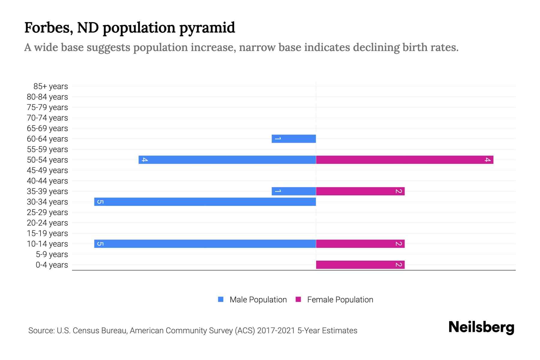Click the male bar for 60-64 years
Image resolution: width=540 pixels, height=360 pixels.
tap(294, 139)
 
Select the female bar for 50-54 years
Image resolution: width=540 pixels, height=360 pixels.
tap(404, 160)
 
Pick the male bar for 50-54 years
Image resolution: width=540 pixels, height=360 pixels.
tap(227, 160)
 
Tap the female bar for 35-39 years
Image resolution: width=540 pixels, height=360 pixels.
tap(360, 191)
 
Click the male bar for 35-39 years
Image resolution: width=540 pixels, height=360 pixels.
tap(294, 191)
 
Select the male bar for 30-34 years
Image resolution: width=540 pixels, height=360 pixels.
tap(205, 202)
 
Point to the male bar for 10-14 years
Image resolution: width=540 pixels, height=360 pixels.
tap(205, 244)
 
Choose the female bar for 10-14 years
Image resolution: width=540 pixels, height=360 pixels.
tap(360, 244)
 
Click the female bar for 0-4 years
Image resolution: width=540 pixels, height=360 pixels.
tap(360, 265)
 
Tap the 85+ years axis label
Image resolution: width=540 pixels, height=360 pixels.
tap(50, 86)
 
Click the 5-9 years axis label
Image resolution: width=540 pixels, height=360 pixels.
tap(52, 254)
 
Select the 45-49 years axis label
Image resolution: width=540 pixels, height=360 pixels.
tap(47, 170)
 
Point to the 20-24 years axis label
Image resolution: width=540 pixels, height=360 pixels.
tap(47, 223)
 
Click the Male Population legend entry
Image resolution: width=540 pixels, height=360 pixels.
tap(258, 299)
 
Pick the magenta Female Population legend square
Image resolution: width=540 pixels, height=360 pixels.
tap(298, 299)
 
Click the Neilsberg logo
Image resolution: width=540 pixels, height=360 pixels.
tap(481, 327)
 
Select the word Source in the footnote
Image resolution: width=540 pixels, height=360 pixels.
tap(41, 331)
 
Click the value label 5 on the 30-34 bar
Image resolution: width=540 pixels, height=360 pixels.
tap(100, 202)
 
